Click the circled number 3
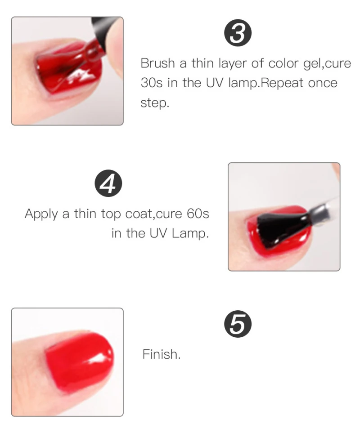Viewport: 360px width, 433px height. coord(238,33)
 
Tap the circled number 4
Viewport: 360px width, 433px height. coord(108,183)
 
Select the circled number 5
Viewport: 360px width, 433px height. coord(238,324)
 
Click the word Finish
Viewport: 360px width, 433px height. coord(162,354)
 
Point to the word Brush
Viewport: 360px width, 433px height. coord(158,63)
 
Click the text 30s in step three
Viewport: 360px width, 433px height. coord(151,83)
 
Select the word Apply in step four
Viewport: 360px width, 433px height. coord(41,214)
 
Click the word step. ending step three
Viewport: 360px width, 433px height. coord(155,103)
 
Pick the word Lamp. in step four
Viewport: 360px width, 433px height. coord(190,233)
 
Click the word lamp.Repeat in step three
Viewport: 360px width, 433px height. coord(266,83)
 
